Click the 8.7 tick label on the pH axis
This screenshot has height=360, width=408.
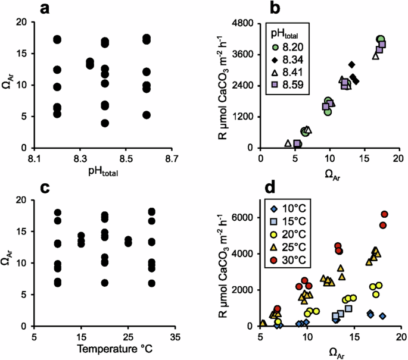point(172,159)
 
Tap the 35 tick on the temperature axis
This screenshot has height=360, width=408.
point(172,336)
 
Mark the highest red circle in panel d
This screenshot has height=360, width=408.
point(384,214)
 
